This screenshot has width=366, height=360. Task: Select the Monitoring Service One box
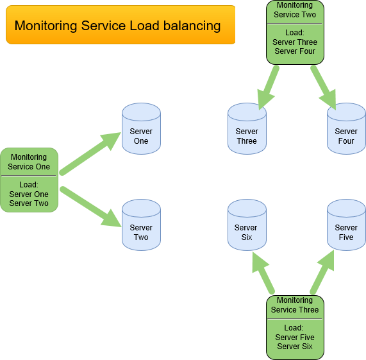[x=29, y=180]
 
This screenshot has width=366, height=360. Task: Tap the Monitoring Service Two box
[x=295, y=32]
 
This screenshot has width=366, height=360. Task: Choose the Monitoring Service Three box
[x=295, y=327]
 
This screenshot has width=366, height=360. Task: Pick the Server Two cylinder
[x=141, y=225]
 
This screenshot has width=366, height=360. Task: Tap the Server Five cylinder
[x=346, y=225]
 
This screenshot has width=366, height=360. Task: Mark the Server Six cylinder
[x=247, y=225]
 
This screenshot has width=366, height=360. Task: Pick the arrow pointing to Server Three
[x=269, y=87]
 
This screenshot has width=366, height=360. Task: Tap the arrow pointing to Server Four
[x=323, y=87]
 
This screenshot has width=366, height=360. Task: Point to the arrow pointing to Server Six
[x=263, y=272]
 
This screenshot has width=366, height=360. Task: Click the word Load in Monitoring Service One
[x=29, y=185]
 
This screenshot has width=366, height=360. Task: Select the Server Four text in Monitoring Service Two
[x=295, y=51]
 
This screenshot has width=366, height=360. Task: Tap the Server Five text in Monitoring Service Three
[x=295, y=338]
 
